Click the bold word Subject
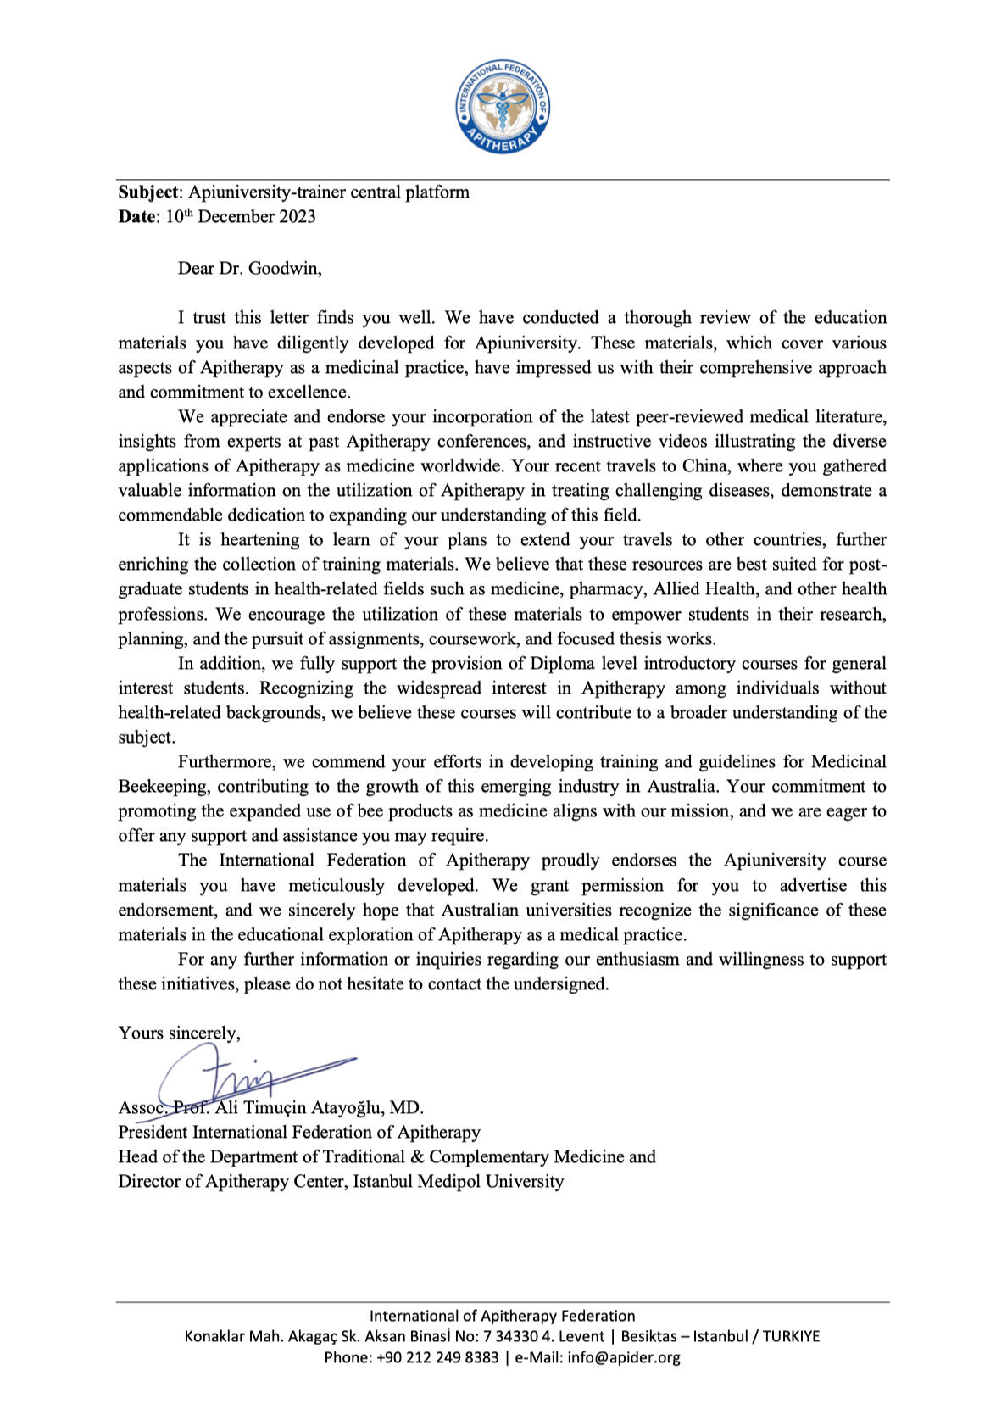[x=148, y=192]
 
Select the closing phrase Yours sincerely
[x=179, y=1033]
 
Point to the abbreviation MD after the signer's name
[x=405, y=1108]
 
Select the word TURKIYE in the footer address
[x=791, y=1337]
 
